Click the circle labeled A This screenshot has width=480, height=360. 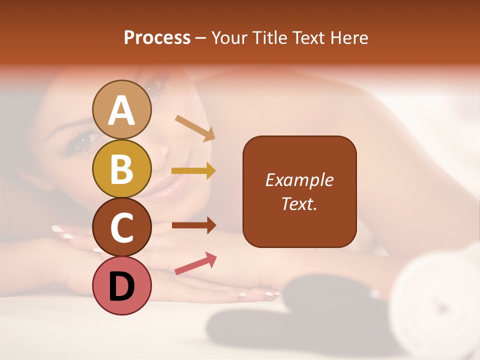[x=122, y=109]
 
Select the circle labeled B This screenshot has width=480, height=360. [x=122, y=168]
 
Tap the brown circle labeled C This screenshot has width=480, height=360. [x=122, y=227]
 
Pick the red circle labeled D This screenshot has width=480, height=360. [x=122, y=285]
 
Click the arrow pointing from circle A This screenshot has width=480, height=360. [x=195, y=128]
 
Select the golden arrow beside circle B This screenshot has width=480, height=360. [x=193, y=171]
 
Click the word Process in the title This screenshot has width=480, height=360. [x=157, y=38]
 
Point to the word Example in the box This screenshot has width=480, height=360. [x=299, y=180]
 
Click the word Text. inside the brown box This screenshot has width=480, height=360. [x=299, y=203]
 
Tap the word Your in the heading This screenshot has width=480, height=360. [x=228, y=38]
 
